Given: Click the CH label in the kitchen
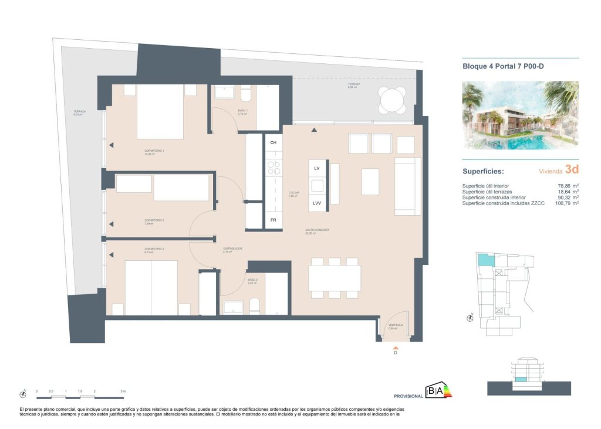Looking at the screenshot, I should [x=273, y=142].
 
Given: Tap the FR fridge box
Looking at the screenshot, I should [x=273, y=220].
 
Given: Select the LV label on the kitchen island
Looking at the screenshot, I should [x=316, y=168].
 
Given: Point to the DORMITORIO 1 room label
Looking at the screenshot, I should [x=154, y=151].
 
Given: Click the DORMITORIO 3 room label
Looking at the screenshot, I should [x=154, y=220].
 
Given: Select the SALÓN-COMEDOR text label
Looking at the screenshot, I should [x=317, y=230].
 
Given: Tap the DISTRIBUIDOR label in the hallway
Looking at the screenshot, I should [x=232, y=248].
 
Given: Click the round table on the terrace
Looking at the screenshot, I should [x=392, y=100].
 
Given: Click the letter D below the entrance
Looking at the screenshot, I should [x=395, y=353].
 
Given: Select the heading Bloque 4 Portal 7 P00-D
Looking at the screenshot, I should [x=503, y=66].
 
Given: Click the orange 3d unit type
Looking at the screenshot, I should [x=572, y=170].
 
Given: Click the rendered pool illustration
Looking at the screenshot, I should [x=520, y=115].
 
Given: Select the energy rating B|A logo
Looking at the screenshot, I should [x=440, y=390].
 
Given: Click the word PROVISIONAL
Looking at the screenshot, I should [x=408, y=396].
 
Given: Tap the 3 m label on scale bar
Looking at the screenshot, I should [x=122, y=391].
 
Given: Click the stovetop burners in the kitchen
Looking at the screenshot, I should [x=274, y=168].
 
